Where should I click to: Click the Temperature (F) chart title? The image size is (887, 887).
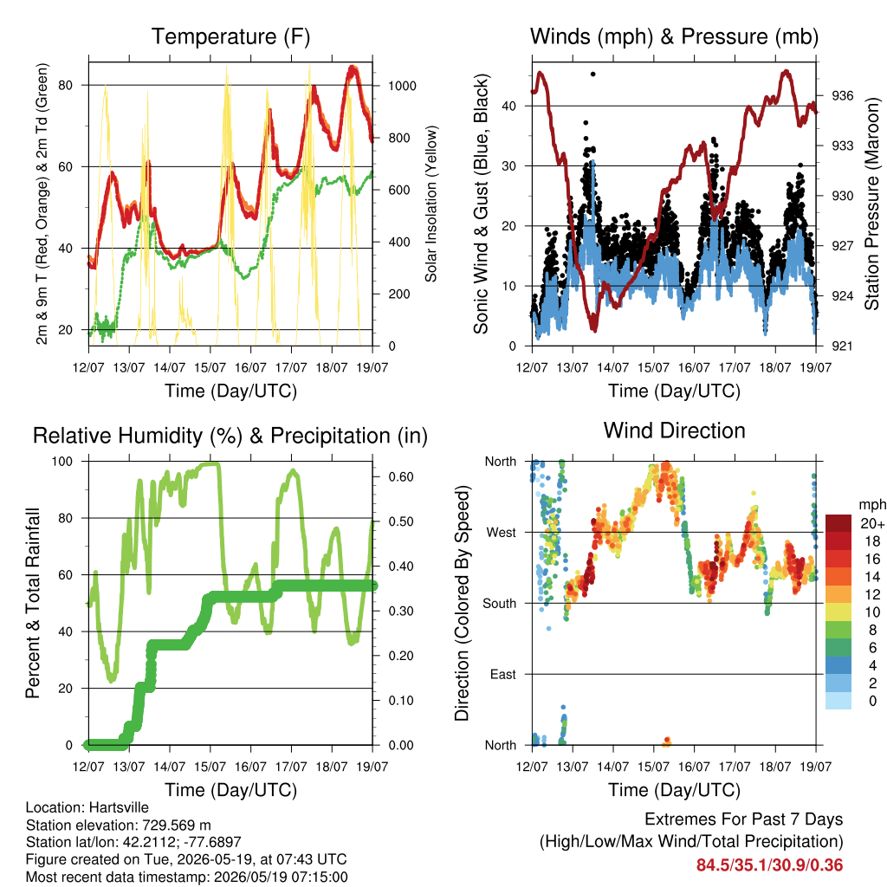pyautogui.click(x=230, y=36)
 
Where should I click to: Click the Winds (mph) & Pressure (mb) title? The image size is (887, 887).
pyautogui.click(x=674, y=36)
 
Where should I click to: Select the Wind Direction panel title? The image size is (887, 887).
pyautogui.click(x=674, y=431)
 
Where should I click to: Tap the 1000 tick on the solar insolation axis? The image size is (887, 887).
pyautogui.click(x=402, y=86)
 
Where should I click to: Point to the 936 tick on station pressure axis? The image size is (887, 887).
pyautogui.click(x=842, y=95)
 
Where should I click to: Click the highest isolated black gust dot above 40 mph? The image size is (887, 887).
pyautogui.click(x=592, y=74)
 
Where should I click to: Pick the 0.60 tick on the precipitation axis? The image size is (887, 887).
pyautogui.click(x=401, y=477)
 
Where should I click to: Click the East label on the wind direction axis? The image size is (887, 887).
pyautogui.click(x=503, y=674)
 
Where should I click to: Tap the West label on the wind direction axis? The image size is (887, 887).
pyautogui.click(x=502, y=533)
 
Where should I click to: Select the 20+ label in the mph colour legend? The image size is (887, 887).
pyautogui.click(x=872, y=523)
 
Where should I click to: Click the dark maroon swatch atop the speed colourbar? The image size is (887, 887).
pyautogui.click(x=838, y=523)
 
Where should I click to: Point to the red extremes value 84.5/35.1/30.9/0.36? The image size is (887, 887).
pyautogui.click(x=769, y=865)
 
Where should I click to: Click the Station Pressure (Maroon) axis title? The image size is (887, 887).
pyautogui.click(x=871, y=204)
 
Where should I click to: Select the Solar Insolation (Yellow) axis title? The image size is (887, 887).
pyautogui.click(x=431, y=204)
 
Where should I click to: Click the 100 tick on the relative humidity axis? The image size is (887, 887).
pyautogui.click(x=62, y=462)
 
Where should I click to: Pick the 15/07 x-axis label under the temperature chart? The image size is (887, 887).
pyautogui.click(x=210, y=367)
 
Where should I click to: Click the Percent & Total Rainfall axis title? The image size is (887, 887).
pyautogui.click(x=33, y=603)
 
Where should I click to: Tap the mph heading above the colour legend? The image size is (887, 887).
pyautogui.click(x=872, y=505)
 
